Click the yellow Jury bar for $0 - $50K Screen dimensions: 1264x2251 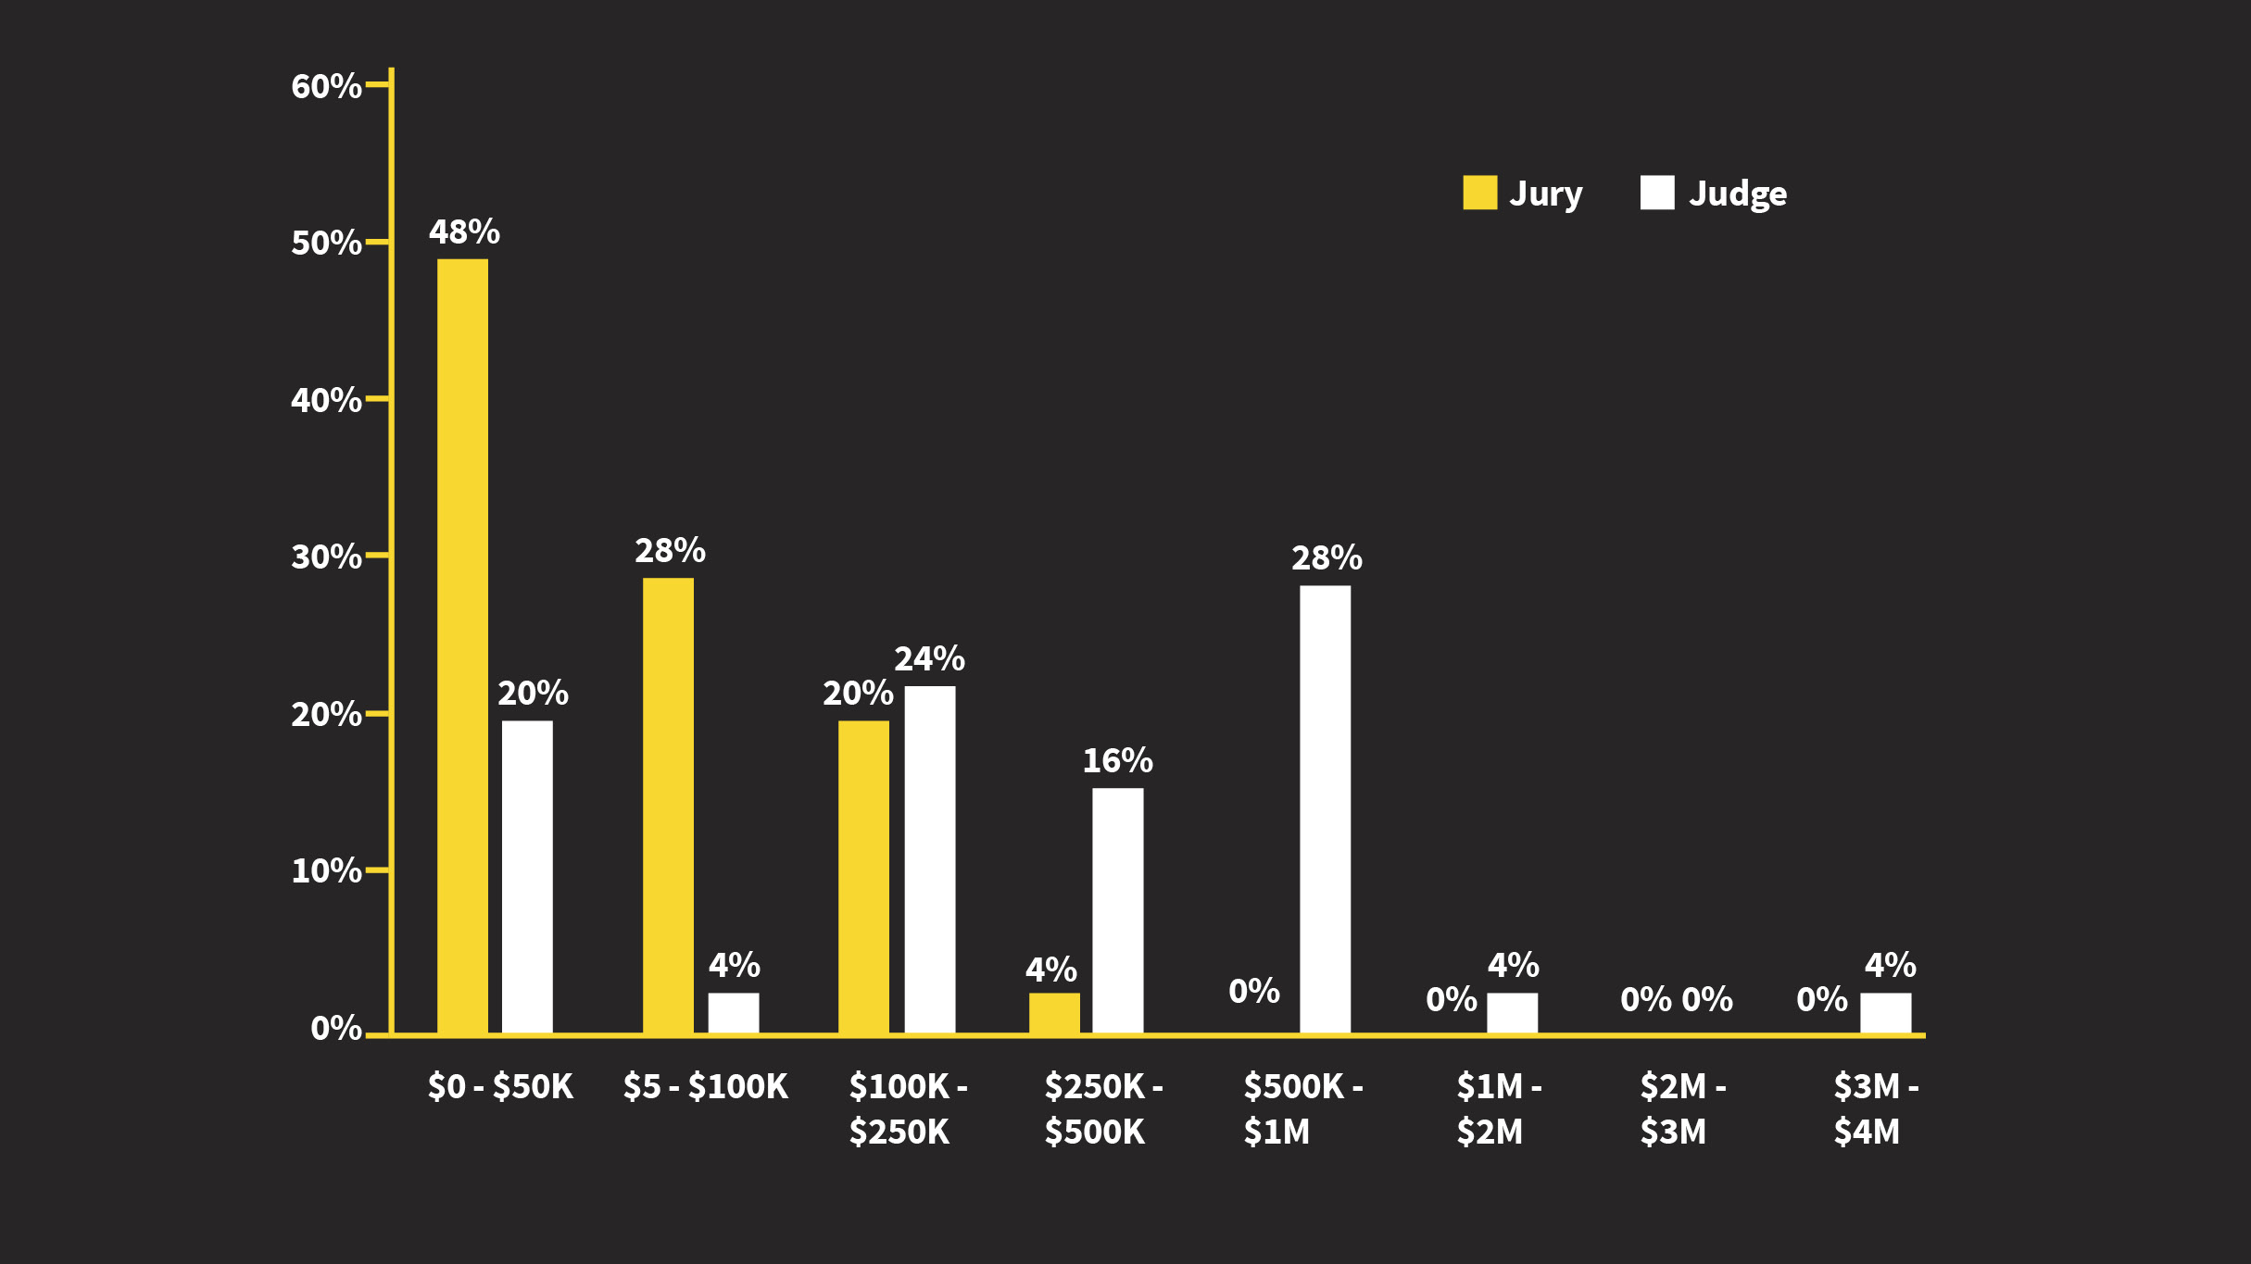coord(462,645)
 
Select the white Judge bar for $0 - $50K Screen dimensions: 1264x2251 coord(527,876)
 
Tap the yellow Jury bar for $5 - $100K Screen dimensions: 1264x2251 coord(668,805)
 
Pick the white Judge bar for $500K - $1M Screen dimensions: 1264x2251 coord(1325,808)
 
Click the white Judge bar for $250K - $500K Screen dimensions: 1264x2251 coord(1117,910)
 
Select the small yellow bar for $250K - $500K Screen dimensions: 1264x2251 coord(1054,1012)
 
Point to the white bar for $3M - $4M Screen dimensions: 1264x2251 coord(1885,1012)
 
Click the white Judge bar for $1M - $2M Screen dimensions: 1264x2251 coord(1512,1012)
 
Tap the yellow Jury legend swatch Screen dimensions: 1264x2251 coord(1479,193)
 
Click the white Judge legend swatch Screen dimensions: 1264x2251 coord(1657,193)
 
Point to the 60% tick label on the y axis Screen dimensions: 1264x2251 coord(326,86)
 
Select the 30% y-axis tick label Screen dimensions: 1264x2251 coord(326,557)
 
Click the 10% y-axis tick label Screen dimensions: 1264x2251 coord(326,870)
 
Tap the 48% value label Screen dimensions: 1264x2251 coord(464,232)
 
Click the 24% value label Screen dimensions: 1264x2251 coord(929,658)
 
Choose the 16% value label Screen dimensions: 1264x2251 coord(1117,760)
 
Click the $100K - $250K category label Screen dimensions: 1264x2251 coord(908,1108)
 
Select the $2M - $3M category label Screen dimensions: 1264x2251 coord(1682,1108)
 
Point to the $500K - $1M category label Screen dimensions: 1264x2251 coord(1302,1108)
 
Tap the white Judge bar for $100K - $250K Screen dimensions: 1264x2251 coord(929,859)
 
